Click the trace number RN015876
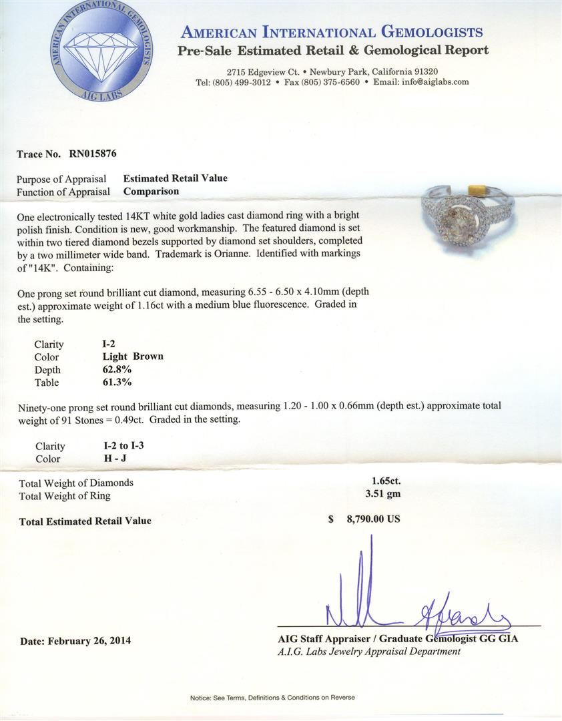tap(93, 154)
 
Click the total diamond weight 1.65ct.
tap(386, 481)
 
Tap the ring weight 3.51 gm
tap(382, 495)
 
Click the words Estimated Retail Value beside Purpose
tap(176, 178)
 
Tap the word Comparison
tap(152, 191)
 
